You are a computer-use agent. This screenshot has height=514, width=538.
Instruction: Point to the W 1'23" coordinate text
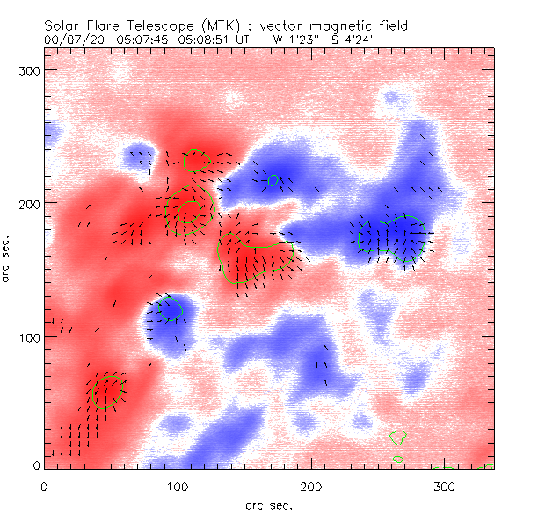tap(292, 40)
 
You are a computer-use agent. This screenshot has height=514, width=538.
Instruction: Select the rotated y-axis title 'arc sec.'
tap(7, 258)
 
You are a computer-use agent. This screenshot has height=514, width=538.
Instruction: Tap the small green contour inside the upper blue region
tap(273, 180)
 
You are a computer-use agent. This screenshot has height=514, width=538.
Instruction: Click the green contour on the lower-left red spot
tap(107, 391)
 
